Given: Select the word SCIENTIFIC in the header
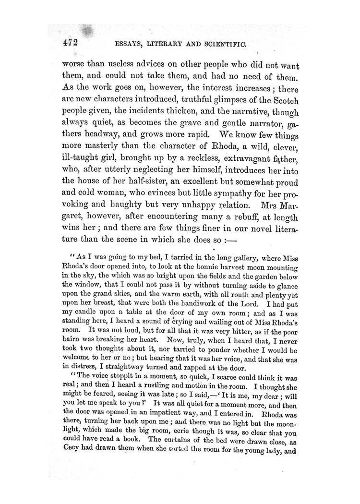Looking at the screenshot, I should point(223,45).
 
